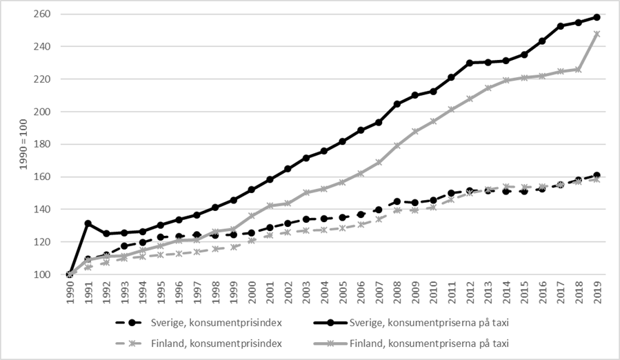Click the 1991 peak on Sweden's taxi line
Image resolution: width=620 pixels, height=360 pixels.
click(88, 223)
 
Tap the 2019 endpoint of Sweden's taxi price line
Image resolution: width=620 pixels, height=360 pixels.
click(597, 17)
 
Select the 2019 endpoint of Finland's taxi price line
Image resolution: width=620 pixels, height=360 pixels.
click(597, 34)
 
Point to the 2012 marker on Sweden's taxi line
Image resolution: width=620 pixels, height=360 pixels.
click(469, 63)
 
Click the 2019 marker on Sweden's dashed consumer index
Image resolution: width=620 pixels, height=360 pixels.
click(597, 175)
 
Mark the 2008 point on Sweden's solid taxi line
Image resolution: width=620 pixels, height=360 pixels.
click(397, 104)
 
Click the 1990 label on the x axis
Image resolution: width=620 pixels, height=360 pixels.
click(70, 294)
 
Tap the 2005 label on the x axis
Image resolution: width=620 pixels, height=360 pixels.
click(342, 294)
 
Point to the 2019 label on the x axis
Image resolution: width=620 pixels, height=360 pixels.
click(596, 294)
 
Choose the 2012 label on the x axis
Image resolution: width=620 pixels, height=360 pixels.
click(469, 294)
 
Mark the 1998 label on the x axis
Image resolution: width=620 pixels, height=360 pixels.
click(215, 294)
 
